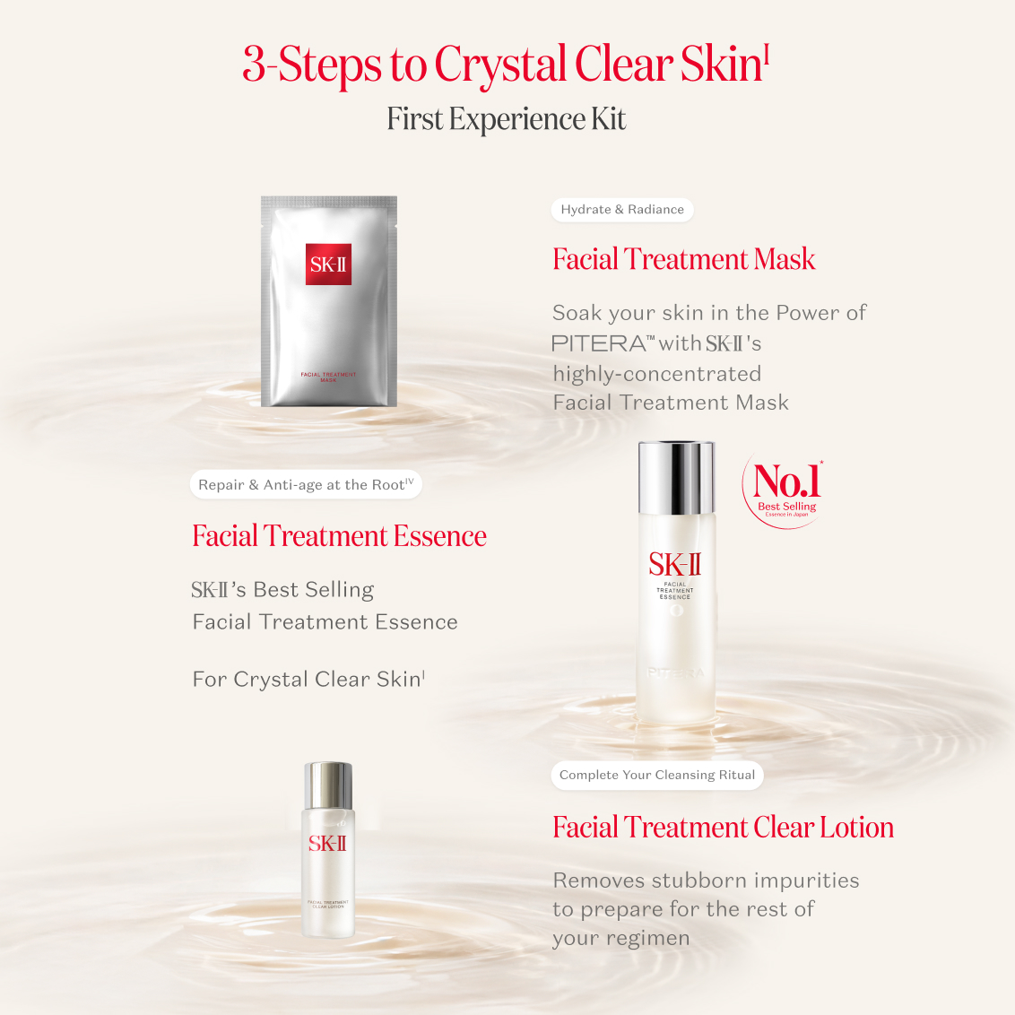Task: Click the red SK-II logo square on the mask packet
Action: coord(328,264)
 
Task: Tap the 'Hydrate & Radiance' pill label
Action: coord(621,210)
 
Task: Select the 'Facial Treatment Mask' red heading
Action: coord(683,259)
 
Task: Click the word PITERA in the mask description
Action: coord(599,343)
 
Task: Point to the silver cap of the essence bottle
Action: coord(676,477)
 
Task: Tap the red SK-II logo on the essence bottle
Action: coord(675,564)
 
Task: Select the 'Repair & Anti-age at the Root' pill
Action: coord(306,484)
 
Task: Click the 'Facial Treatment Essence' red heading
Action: coord(339,536)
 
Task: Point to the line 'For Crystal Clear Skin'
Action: coord(308,679)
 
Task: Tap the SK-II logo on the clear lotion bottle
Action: coord(327,843)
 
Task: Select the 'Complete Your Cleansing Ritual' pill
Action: coord(656,775)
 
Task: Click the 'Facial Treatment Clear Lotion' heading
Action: coord(723,827)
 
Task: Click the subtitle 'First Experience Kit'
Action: coord(507,119)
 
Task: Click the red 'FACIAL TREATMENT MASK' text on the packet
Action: coord(328,377)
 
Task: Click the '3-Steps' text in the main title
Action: coord(312,65)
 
